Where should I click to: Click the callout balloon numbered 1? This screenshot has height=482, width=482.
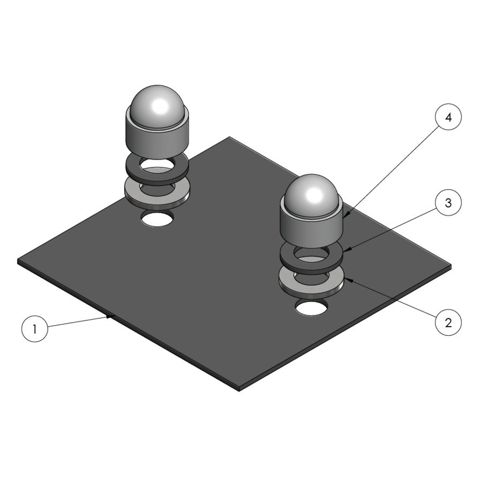(35, 329)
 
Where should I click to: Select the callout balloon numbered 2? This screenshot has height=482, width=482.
(448, 323)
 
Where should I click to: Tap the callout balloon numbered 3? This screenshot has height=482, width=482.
(448, 203)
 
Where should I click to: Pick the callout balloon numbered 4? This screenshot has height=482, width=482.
(448, 117)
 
